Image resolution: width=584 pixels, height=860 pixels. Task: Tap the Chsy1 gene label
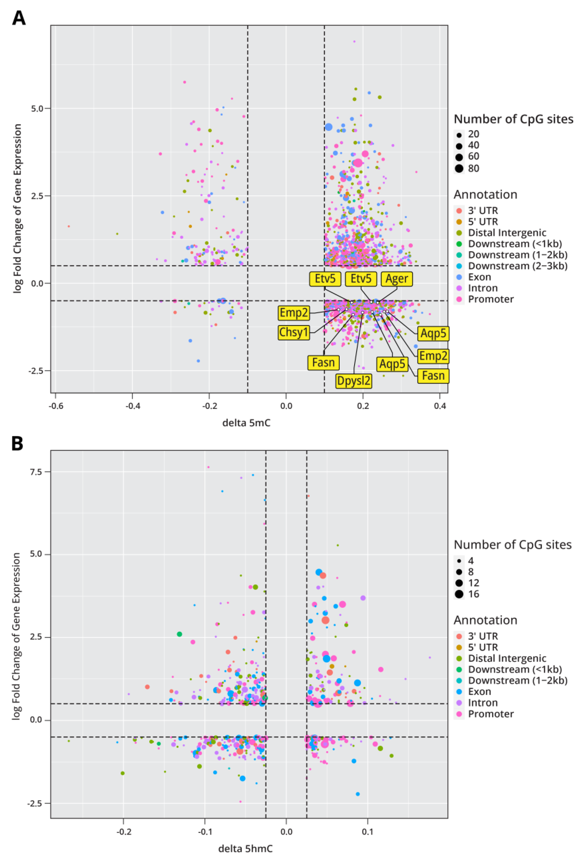[x=294, y=332]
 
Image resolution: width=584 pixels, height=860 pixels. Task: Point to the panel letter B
[x=18, y=443]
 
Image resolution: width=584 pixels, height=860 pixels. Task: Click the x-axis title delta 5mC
[x=246, y=423]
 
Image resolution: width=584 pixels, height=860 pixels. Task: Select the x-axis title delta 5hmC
[x=245, y=848]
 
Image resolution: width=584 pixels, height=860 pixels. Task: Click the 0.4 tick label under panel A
[x=440, y=406]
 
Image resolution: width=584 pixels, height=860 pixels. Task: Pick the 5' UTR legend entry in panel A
[x=483, y=222]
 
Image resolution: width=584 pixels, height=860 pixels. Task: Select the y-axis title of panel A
[x=18, y=209]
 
